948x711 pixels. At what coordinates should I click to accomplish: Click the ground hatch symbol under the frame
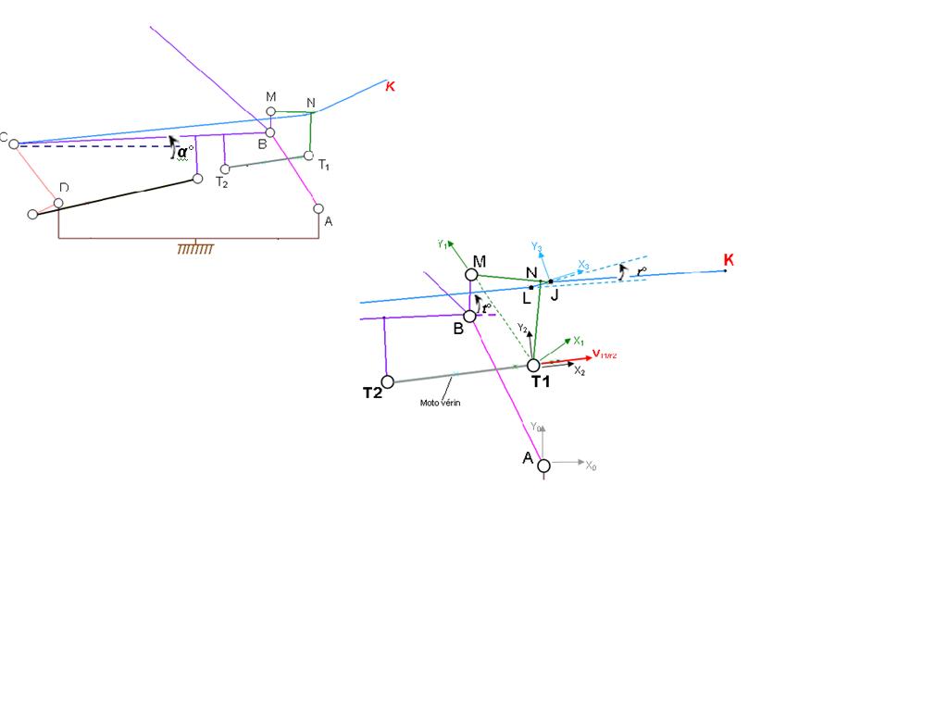195,248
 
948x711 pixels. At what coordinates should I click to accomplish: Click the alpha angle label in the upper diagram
186,152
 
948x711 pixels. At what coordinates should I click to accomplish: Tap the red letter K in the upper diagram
390,86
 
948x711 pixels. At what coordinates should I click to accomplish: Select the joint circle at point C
14,143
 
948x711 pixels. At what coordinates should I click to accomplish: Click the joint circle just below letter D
58,203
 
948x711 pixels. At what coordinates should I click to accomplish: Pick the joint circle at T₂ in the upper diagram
225,168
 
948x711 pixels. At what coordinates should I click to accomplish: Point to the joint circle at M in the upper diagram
270,112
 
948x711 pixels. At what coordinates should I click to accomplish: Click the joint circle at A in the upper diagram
318,208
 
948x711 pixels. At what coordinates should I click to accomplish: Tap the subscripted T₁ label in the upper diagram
324,165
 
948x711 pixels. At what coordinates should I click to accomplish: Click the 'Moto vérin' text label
441,403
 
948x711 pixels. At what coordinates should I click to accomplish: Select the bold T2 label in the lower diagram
372,393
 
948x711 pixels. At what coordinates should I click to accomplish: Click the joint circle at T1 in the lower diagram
533,365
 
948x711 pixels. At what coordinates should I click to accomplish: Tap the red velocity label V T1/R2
605,354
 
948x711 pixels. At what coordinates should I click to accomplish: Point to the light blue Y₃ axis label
537,246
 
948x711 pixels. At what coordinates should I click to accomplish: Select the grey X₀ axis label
591,467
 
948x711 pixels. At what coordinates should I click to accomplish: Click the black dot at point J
550,281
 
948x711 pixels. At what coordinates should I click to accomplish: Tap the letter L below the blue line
526,298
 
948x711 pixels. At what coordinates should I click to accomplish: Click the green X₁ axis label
578,341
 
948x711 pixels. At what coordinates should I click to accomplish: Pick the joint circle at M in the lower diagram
471,274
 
